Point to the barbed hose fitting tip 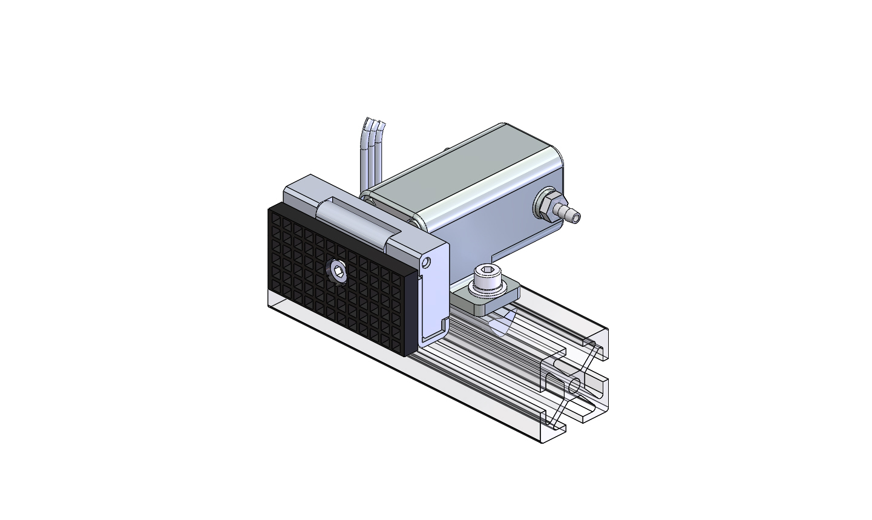pos(572,216)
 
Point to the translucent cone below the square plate pos(500,323)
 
